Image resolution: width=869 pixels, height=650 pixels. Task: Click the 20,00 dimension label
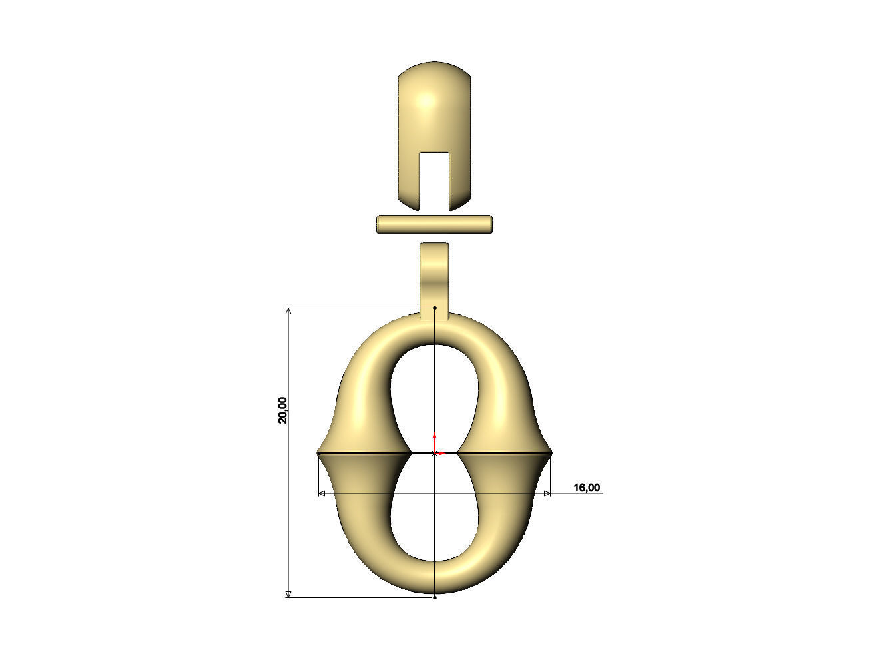tap(283, 410)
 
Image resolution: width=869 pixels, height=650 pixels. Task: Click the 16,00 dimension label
tap(586, 488)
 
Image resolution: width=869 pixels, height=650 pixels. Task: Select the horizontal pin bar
tap(434, 224)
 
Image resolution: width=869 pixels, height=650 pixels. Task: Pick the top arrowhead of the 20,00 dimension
tap(288, 311)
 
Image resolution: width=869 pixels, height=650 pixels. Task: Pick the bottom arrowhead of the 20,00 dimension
tap(288, 594)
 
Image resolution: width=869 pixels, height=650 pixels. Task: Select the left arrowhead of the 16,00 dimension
tap(322, 493)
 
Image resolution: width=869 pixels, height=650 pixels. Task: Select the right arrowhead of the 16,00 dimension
tap(547, 493)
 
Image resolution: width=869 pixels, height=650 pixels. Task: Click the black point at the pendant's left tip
tap(319, 453)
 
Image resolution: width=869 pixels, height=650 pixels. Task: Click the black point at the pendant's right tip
tap(551, 453)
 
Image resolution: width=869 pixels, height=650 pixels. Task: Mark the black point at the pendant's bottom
tap(435, 597)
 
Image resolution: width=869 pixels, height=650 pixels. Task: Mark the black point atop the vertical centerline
tap(435, 308)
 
